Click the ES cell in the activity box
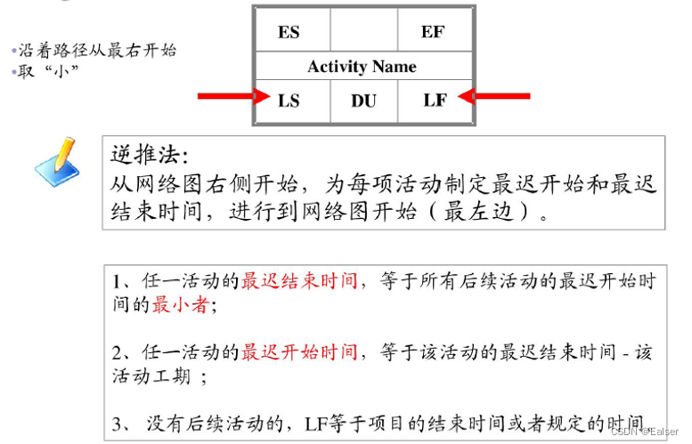(289, 32)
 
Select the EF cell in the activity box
(433, 32)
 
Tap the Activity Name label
(362, 67)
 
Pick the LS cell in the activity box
(289, 101)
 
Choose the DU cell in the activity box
(363, 101)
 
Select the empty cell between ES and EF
(363, 32)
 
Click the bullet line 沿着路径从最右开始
(96, 50)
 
